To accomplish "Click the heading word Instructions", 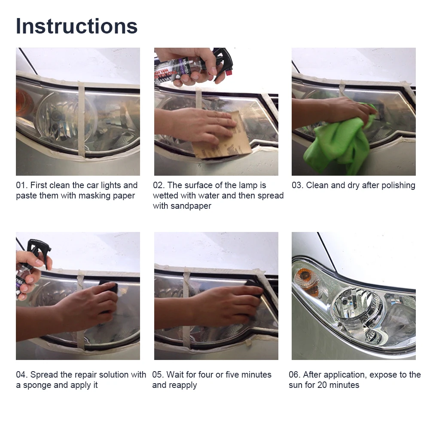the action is click(77, 26).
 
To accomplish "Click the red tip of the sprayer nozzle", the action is click(229, 73).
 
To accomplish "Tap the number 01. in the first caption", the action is click(22, 186).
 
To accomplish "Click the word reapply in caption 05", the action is click(183, 385).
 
